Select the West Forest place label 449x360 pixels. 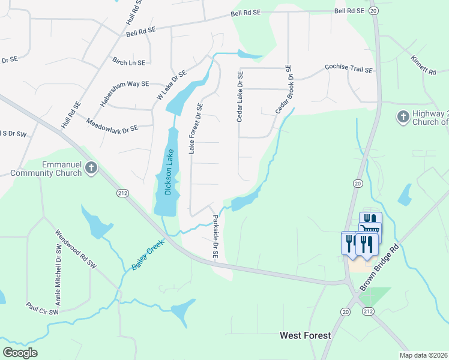point(306,335)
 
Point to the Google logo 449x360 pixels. point(20,352)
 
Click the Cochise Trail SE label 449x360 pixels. point(349,69)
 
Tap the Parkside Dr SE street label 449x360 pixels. point(214,237)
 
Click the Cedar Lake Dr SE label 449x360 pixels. point(240,97)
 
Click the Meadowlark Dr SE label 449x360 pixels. point(112,124)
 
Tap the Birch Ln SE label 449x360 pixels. point(129,62)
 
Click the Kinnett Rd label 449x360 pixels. point(423,65)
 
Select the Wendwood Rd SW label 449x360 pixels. point(75,248)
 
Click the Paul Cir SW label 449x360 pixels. point(42,308)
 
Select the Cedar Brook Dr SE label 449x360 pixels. point(283,89)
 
